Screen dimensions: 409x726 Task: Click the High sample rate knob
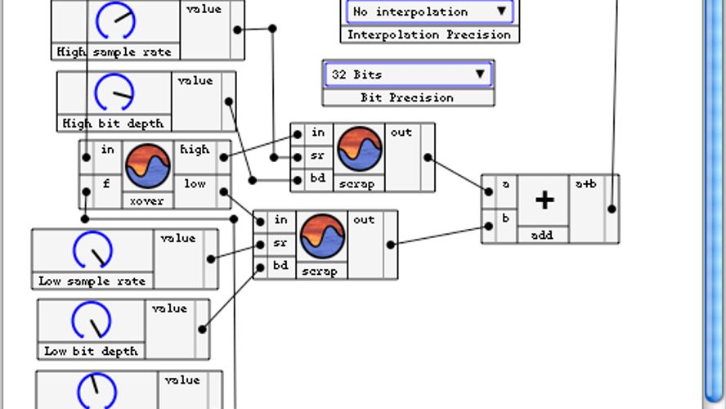(x=114, y=21)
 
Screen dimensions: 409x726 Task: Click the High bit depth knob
(x=114, y=92)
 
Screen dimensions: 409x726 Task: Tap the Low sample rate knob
(x=92, y=250)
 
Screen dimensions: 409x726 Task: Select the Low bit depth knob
(x=91, y=320)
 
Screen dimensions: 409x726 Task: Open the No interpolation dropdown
(x=429, y=11)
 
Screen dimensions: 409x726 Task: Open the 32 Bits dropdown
(x=408, y=74)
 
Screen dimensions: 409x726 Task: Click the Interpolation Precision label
(x=429, y=34)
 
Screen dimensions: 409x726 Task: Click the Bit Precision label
(x=407, y=97)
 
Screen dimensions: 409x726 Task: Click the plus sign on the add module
(x=544, y=200)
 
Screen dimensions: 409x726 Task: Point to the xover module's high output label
(x=195, y=150)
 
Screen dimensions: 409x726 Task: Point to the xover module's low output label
(x=195, y=184)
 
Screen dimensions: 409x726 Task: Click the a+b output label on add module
(x=585, y=185)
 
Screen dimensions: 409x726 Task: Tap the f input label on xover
(x=106, y=184)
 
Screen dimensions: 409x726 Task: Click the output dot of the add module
(x=612, y=209)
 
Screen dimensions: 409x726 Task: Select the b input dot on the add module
(x=489, y=227)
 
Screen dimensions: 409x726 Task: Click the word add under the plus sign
(x=542, y=235)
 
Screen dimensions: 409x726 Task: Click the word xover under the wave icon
(x=147, y=200)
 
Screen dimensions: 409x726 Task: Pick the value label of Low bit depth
(x=169, y=308)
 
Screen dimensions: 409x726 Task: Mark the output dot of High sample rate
(x=237, y=29)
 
